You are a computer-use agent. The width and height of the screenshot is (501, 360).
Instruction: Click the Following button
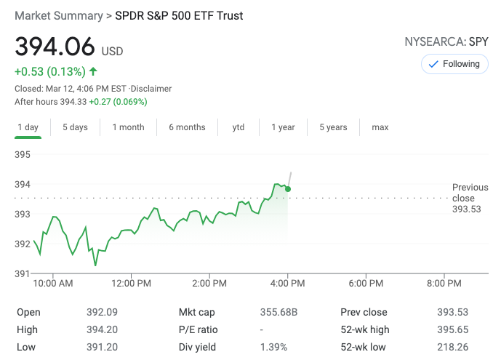pos(454,64)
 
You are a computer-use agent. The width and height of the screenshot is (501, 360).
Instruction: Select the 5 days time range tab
pos(75,127)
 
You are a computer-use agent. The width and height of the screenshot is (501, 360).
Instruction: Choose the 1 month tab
pos(128,127)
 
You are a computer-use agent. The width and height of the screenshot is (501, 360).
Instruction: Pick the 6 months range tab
pos(187,127)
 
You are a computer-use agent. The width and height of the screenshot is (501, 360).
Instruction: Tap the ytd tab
pos(239,127)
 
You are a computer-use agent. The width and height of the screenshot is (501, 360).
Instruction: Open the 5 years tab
pos(333,127)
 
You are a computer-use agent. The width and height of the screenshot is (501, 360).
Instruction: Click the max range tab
pos(380,127)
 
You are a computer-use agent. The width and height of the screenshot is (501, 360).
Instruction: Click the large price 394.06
pos(55,47)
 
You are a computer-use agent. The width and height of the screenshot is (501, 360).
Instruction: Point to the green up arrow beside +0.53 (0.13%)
pos(93,71)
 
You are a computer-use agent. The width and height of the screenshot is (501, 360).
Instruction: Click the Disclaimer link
pos(151,89)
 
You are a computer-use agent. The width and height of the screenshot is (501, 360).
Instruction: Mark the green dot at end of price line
pos(288,189)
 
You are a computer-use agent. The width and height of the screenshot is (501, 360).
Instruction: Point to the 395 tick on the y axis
pos(23,155)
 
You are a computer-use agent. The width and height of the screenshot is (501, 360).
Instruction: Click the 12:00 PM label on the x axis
pos(132,283)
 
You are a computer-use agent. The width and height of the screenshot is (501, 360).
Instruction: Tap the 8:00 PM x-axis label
pos(444,283)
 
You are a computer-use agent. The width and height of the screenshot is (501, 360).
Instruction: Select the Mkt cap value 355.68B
pos(279,313)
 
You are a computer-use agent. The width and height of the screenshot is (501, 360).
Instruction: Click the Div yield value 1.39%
pos(273,348)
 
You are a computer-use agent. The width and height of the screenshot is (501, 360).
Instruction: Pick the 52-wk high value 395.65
pos(451,330)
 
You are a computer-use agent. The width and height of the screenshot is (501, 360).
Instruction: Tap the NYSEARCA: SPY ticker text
pos(446,41)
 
